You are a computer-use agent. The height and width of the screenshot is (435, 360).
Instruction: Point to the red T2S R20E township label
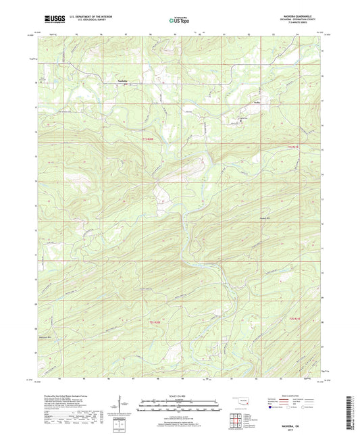pyautogui.click(x=155, y=322)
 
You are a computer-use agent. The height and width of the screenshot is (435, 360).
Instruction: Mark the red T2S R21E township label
pyautogui.click(x=294, y=317)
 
